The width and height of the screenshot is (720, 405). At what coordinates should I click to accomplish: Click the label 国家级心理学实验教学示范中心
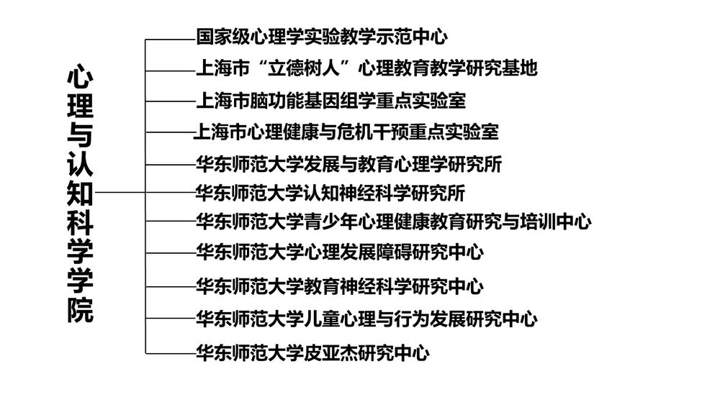coord(322,36)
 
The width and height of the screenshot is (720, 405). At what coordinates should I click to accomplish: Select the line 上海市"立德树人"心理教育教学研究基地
coord(366,68)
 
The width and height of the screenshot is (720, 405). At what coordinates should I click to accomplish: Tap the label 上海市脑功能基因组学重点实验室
coord(330,99)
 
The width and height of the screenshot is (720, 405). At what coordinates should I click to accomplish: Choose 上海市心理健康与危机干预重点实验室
coord(346,132)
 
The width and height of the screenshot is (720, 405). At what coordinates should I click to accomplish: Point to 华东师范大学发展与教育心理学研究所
coord(348,164)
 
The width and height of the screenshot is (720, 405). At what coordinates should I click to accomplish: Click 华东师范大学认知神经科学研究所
coord(330,193)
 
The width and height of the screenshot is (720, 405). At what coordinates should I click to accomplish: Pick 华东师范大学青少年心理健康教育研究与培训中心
coord(393,221)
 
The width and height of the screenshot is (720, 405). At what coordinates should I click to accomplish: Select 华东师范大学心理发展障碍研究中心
coord(339,252)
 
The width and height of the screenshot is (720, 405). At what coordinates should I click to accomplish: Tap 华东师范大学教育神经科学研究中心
coord(339,286)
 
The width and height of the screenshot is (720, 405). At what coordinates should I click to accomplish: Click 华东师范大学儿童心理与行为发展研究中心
coord(366,318)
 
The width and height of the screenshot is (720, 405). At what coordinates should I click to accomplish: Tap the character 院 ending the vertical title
coord(80,310)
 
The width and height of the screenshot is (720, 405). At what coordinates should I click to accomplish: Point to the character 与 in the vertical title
coord(80,136)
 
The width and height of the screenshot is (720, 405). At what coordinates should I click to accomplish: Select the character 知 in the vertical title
coord(80,194)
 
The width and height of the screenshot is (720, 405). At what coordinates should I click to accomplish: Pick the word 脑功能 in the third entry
coord(276,99)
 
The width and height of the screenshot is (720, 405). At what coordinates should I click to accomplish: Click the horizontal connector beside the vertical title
coord(120,193)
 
